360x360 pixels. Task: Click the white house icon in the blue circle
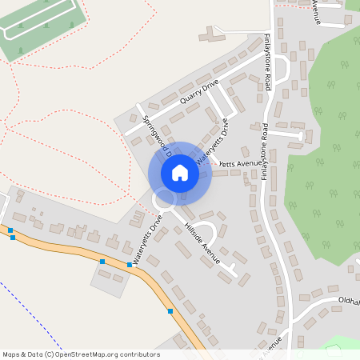pyautogui.click(x=180, y=173)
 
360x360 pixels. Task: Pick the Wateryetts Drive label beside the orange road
pyautogui.click(x=149, y=239)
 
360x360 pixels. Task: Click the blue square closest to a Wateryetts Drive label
pyautogui.click(x=130, y=264)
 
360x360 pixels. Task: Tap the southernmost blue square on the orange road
pyautogui.click(x=170, y=310)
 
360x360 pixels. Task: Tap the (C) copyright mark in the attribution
pyautogui.click(x=50, y=354)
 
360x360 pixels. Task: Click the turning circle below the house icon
pyautogui.click(x=166, y=200)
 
